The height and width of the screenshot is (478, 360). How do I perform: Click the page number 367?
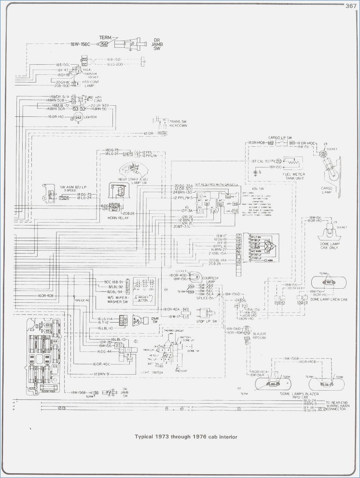tap(350, 6)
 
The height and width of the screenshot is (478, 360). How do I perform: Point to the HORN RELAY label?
tap(116, 218)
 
